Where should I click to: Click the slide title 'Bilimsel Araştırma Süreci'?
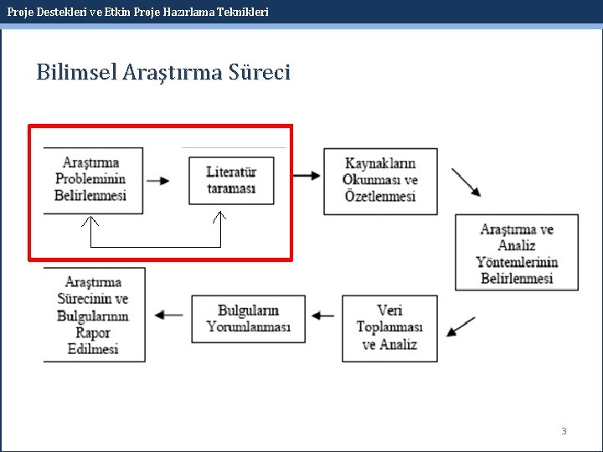point(163,73)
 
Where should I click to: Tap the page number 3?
point(564,431)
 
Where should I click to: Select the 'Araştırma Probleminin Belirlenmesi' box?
point(92,180)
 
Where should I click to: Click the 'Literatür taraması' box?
point(231,180)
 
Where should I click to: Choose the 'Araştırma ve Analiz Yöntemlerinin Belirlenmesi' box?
point(516,253)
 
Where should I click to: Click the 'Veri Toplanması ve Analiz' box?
point(389,327)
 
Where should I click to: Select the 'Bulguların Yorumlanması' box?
point(248,318)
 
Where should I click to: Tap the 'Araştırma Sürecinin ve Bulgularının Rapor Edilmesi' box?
point(93,315)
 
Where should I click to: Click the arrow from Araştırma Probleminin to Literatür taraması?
point(157,180)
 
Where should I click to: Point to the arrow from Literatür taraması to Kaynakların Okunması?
point(307,176)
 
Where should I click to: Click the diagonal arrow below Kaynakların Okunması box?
point(466,182)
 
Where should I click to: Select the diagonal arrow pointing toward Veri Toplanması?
point(461,326)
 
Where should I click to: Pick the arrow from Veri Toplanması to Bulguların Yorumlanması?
point(323,316)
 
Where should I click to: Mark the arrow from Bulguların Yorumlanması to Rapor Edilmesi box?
point(170,316)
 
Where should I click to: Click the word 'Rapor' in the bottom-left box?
point(93,333)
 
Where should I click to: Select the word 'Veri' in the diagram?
point(389,311)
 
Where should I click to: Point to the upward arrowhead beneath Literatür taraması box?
point(220,218)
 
